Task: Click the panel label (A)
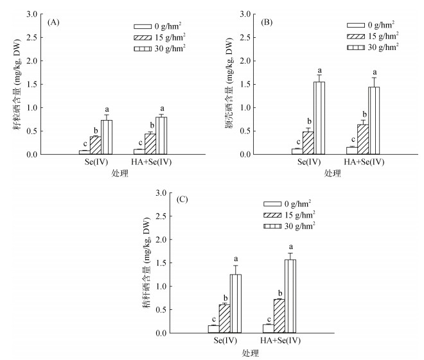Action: (54, 22)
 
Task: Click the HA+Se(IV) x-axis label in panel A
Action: (150, 163)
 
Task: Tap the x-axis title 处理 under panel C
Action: (251, 352)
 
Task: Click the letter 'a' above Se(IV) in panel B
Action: (319, 71)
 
